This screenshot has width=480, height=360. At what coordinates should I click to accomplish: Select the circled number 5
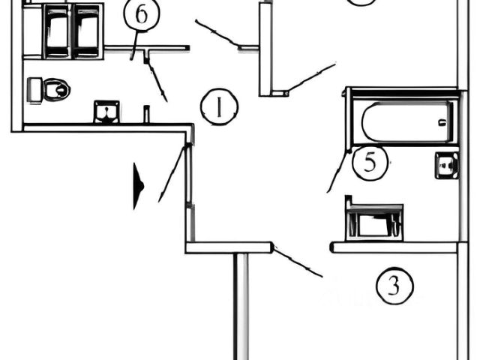[x=370, y=164]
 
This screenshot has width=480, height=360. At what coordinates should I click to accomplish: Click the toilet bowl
[x=56, y=90]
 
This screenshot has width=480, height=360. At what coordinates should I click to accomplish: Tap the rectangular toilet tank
[x=34, y=90]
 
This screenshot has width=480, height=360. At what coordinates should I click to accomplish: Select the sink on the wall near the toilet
[x=106, y=112]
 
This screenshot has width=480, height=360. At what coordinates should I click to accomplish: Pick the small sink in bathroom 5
[x=446, y=165]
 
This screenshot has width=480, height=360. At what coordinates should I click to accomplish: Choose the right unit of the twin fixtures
[x=87, y=31]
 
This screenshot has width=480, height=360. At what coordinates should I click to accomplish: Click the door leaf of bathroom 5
[x=337, y=171]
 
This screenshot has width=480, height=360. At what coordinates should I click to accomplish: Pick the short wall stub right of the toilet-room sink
[x=146, y=115]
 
